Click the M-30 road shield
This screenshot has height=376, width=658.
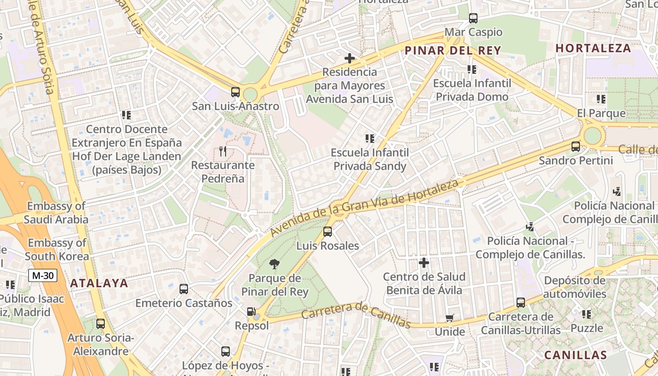[x=42, y=275]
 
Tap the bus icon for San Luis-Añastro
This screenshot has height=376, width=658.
[x=235, y=92]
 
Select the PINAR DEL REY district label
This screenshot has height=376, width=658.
[x=453, y=50]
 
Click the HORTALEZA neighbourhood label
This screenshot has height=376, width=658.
[x=593, y=48]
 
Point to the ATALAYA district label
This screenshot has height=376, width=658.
[x=99, y=283]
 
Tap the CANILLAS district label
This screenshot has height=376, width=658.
[x=576, y=355]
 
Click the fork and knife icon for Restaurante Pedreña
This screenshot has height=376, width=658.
[x=223, y=151]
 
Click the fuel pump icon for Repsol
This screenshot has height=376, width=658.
[x=251, y=312]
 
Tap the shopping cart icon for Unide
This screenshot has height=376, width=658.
[x=449, y=318]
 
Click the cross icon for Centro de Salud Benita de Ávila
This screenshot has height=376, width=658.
[x=424, y=262]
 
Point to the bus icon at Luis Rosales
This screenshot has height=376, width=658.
[x=328, y=232]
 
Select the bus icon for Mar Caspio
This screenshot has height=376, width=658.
[x=473, y=18]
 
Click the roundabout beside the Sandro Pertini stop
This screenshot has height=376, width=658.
[x=592, y=136]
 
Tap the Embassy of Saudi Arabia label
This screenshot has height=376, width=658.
[x=56, y=212]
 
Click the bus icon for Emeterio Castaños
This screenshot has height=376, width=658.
[x=184, y=289]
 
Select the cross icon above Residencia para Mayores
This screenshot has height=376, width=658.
[x=349, y=58]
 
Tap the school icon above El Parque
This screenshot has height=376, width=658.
[x=601, y=99]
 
